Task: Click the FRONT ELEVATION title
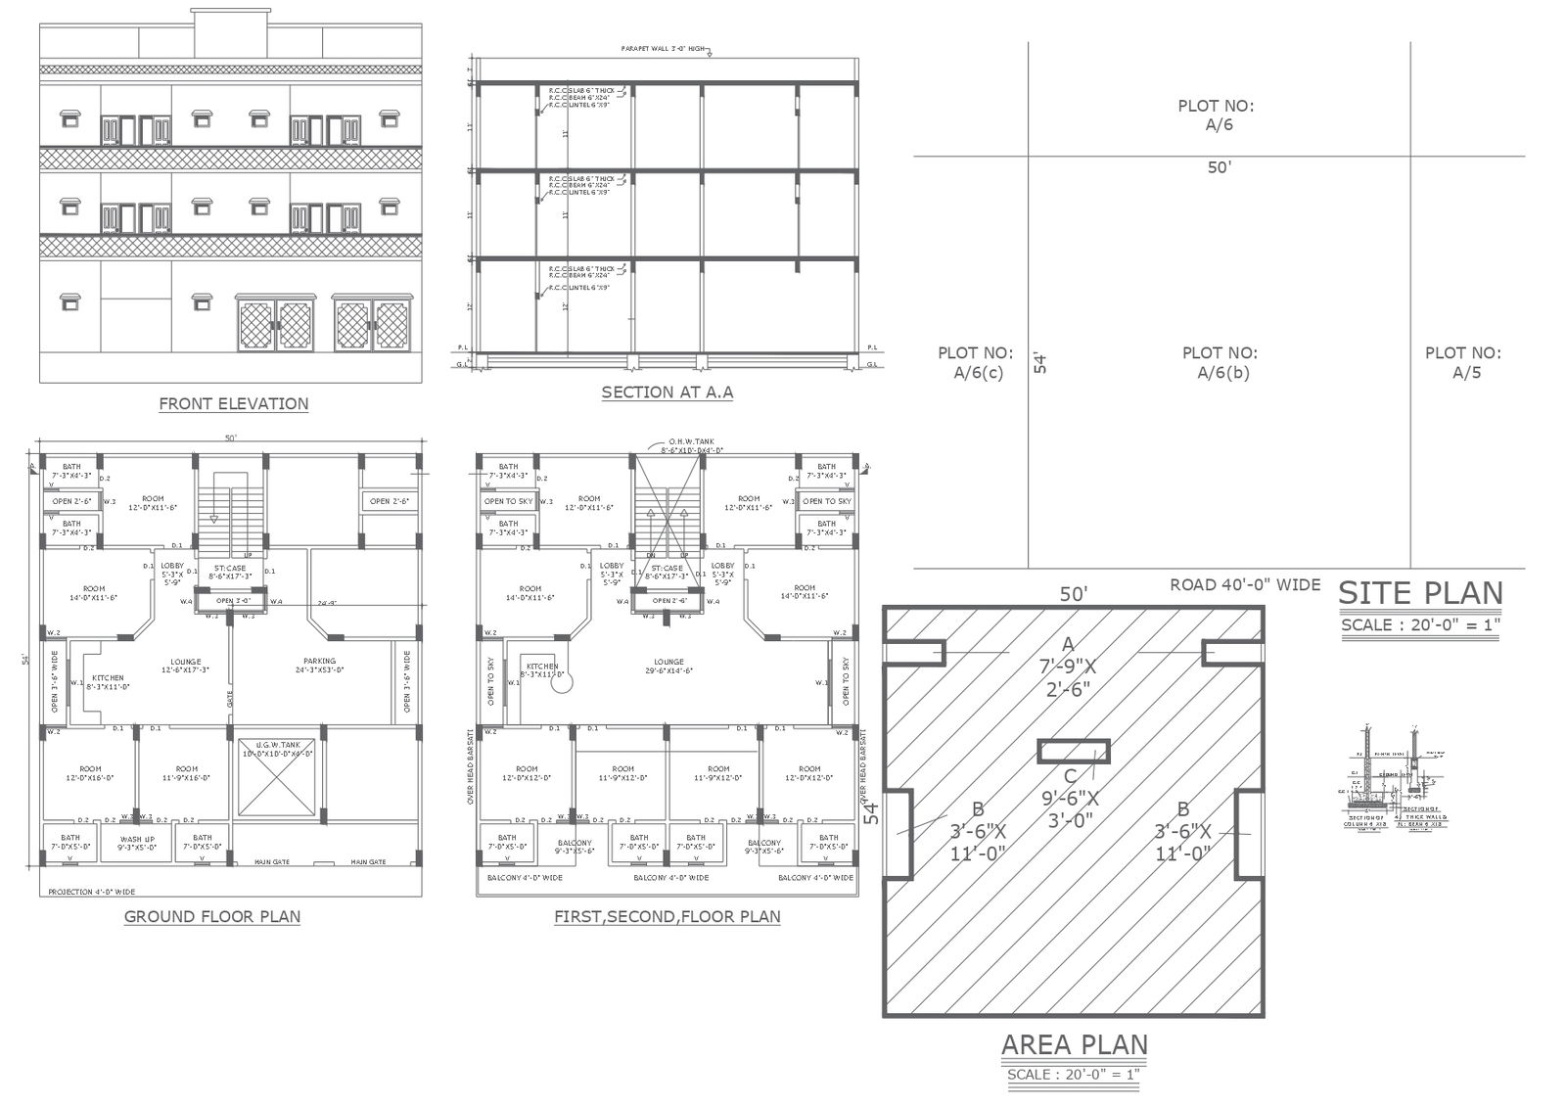[x=233, y=403]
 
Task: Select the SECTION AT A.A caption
[x=667, y=392]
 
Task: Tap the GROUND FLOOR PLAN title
[x=212, y=917]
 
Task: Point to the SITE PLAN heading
[x=1420, y=593]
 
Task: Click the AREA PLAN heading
[x=1074, y=1045]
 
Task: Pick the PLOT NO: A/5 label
[x=1462, y=362]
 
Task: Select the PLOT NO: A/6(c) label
[x=976, y=362]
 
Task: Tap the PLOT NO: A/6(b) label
[x=1220, y=362]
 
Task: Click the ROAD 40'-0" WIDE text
[x=1245, y=584]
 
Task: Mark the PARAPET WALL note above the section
[x=664, y=48]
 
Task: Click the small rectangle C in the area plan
[x=1073, y=751]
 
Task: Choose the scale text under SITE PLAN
[x=1420, y=624]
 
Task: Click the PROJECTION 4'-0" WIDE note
[x=92, y=892]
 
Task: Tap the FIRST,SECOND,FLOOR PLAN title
[x=667, y=917]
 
